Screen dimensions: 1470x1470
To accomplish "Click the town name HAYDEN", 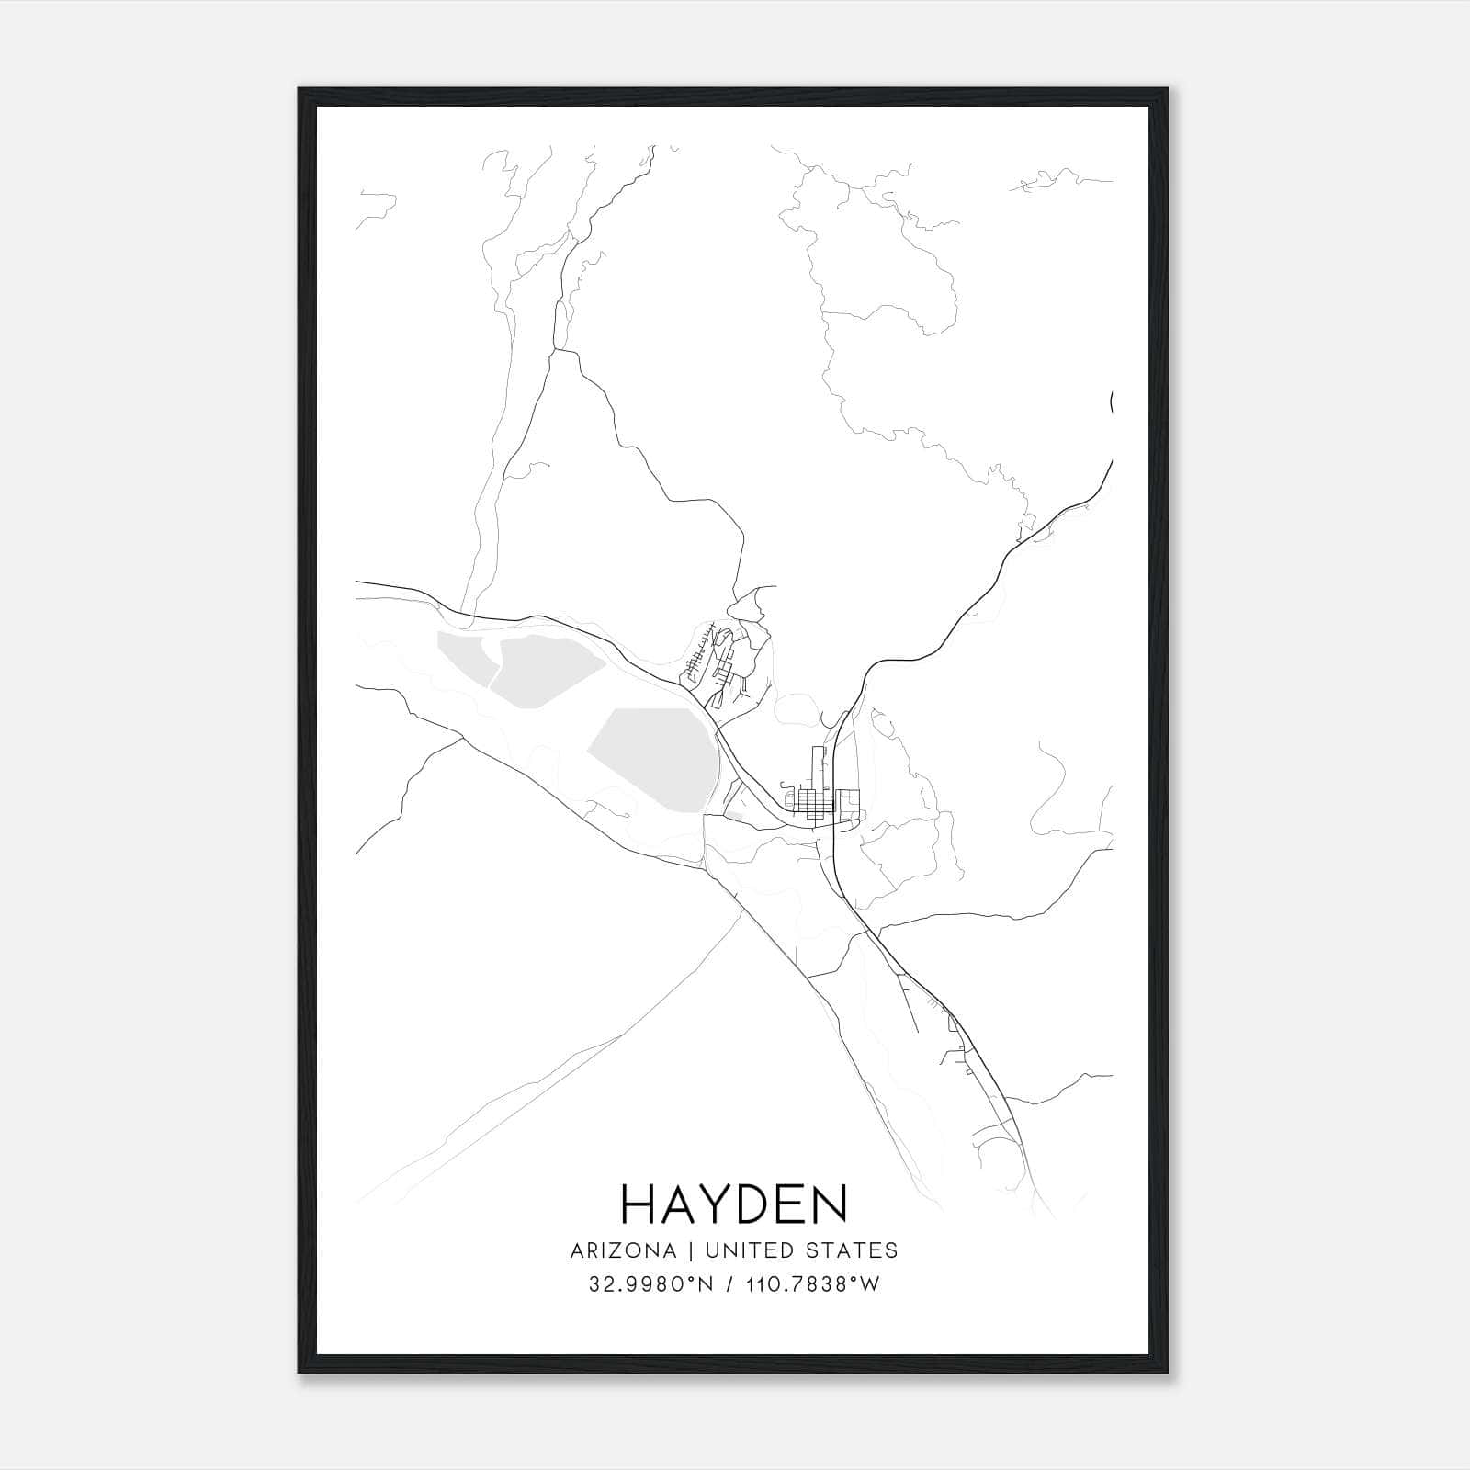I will point(734,1204).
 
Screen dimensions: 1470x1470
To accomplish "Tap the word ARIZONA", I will point(623,1250).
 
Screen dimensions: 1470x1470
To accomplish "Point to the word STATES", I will point(854,1250).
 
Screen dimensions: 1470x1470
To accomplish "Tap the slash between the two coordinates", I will point(729,1284).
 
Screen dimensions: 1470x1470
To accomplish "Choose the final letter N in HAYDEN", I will point(830,1204).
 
